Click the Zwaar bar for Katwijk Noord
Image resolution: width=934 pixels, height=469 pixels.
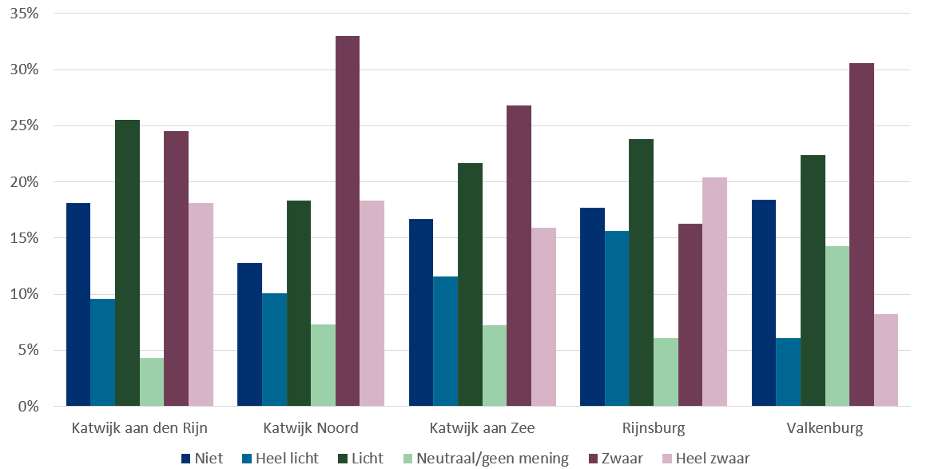[348, 221]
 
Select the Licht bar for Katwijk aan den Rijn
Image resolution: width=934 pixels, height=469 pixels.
[127, 263]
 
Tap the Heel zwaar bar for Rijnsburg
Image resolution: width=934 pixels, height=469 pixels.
[714, 292]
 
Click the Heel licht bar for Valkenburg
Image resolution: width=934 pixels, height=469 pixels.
[788, 372]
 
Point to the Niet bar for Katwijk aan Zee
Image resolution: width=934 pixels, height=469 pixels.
[421, 312]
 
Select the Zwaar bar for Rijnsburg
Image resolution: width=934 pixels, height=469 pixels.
[690, 315]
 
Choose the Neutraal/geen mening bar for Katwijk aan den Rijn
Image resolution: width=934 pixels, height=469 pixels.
[152, 382]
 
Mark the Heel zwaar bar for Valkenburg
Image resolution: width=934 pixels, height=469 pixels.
[885, 360]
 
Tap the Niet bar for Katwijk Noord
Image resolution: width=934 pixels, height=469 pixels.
[249, 334]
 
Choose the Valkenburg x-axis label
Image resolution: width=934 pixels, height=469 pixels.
[825, 428]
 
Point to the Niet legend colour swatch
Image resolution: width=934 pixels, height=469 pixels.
[185, 459]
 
